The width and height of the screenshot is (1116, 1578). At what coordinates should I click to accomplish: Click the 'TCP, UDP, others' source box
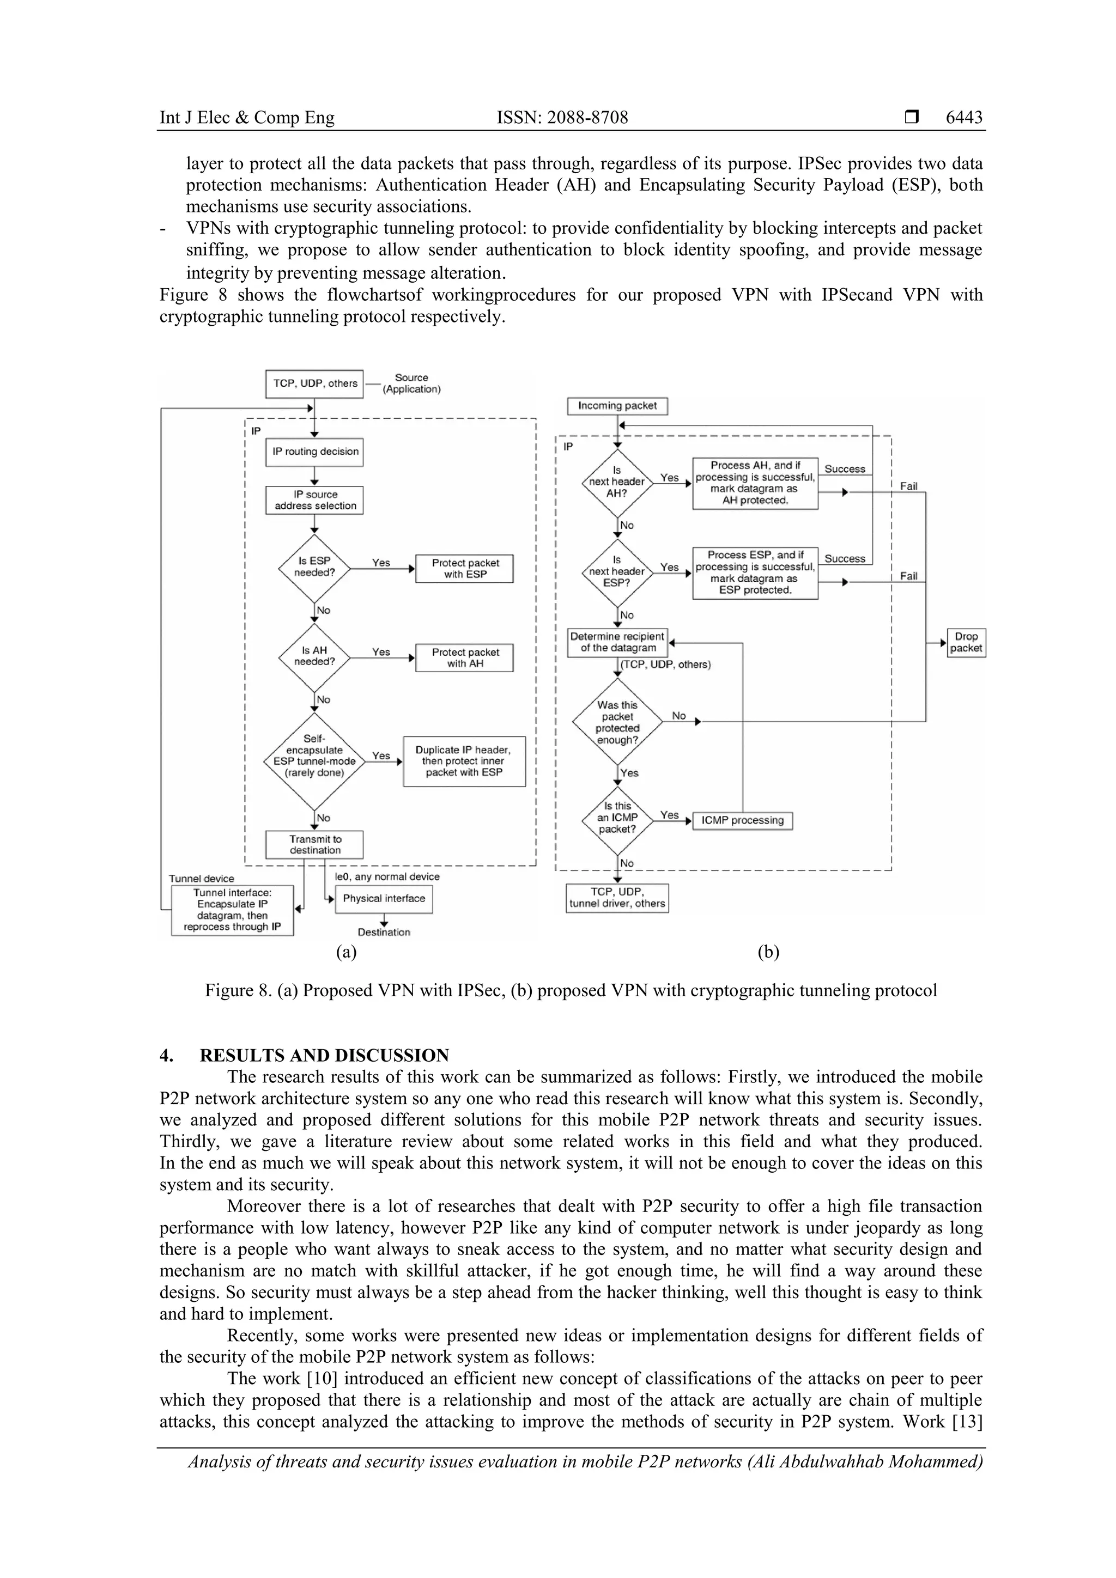[314, 383]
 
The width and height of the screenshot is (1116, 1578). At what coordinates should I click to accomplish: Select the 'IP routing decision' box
[315, 452]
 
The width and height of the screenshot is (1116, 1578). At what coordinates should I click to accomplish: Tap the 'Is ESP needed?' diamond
[314, 567]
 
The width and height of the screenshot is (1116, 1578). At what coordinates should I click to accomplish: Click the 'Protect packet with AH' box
[465, 658]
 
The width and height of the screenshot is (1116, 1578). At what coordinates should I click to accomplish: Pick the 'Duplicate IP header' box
[464, 761]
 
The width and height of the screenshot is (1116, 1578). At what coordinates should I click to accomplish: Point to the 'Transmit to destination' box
[315, 845]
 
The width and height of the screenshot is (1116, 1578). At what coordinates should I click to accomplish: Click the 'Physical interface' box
[384, 898]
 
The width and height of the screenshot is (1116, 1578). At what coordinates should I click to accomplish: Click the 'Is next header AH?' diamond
[617, 483]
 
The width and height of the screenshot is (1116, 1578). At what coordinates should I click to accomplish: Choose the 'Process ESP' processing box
[755, 572]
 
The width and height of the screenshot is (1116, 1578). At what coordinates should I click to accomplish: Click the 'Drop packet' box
[966, 643]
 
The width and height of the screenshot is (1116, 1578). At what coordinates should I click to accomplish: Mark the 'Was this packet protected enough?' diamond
[617, 722]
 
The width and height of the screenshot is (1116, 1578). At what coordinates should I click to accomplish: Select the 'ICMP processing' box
[743, 821]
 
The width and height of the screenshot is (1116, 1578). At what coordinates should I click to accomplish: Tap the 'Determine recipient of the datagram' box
[617, 643]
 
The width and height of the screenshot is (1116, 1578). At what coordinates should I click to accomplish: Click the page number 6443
[963, 118]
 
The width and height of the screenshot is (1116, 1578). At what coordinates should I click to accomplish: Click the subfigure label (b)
[768, 952]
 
